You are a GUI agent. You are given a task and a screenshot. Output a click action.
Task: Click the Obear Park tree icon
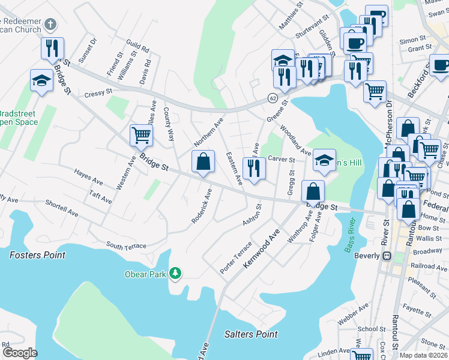(x=175, y=274)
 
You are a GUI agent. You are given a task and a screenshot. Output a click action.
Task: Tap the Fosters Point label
(x=37, y=255)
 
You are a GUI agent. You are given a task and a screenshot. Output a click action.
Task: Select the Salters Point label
(x=251, y=334)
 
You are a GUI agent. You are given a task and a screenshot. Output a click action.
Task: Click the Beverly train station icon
(x=387, y=256)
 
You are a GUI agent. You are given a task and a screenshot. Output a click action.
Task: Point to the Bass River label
(x=351, y=237)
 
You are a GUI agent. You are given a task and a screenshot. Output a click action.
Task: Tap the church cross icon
(x=50, y=25)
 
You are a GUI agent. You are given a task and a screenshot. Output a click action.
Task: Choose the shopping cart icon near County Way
(x=141, y=135)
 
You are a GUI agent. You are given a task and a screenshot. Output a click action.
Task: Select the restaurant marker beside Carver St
(x=253, y=167)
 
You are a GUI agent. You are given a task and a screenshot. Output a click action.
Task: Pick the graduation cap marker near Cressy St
(x=41, y=80)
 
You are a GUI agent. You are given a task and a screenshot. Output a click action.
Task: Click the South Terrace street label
(x=127, y=245)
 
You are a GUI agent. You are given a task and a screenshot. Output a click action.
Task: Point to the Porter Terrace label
(x=236, y=259)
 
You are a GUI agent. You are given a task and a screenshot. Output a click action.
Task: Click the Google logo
(x=19, y=353)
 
